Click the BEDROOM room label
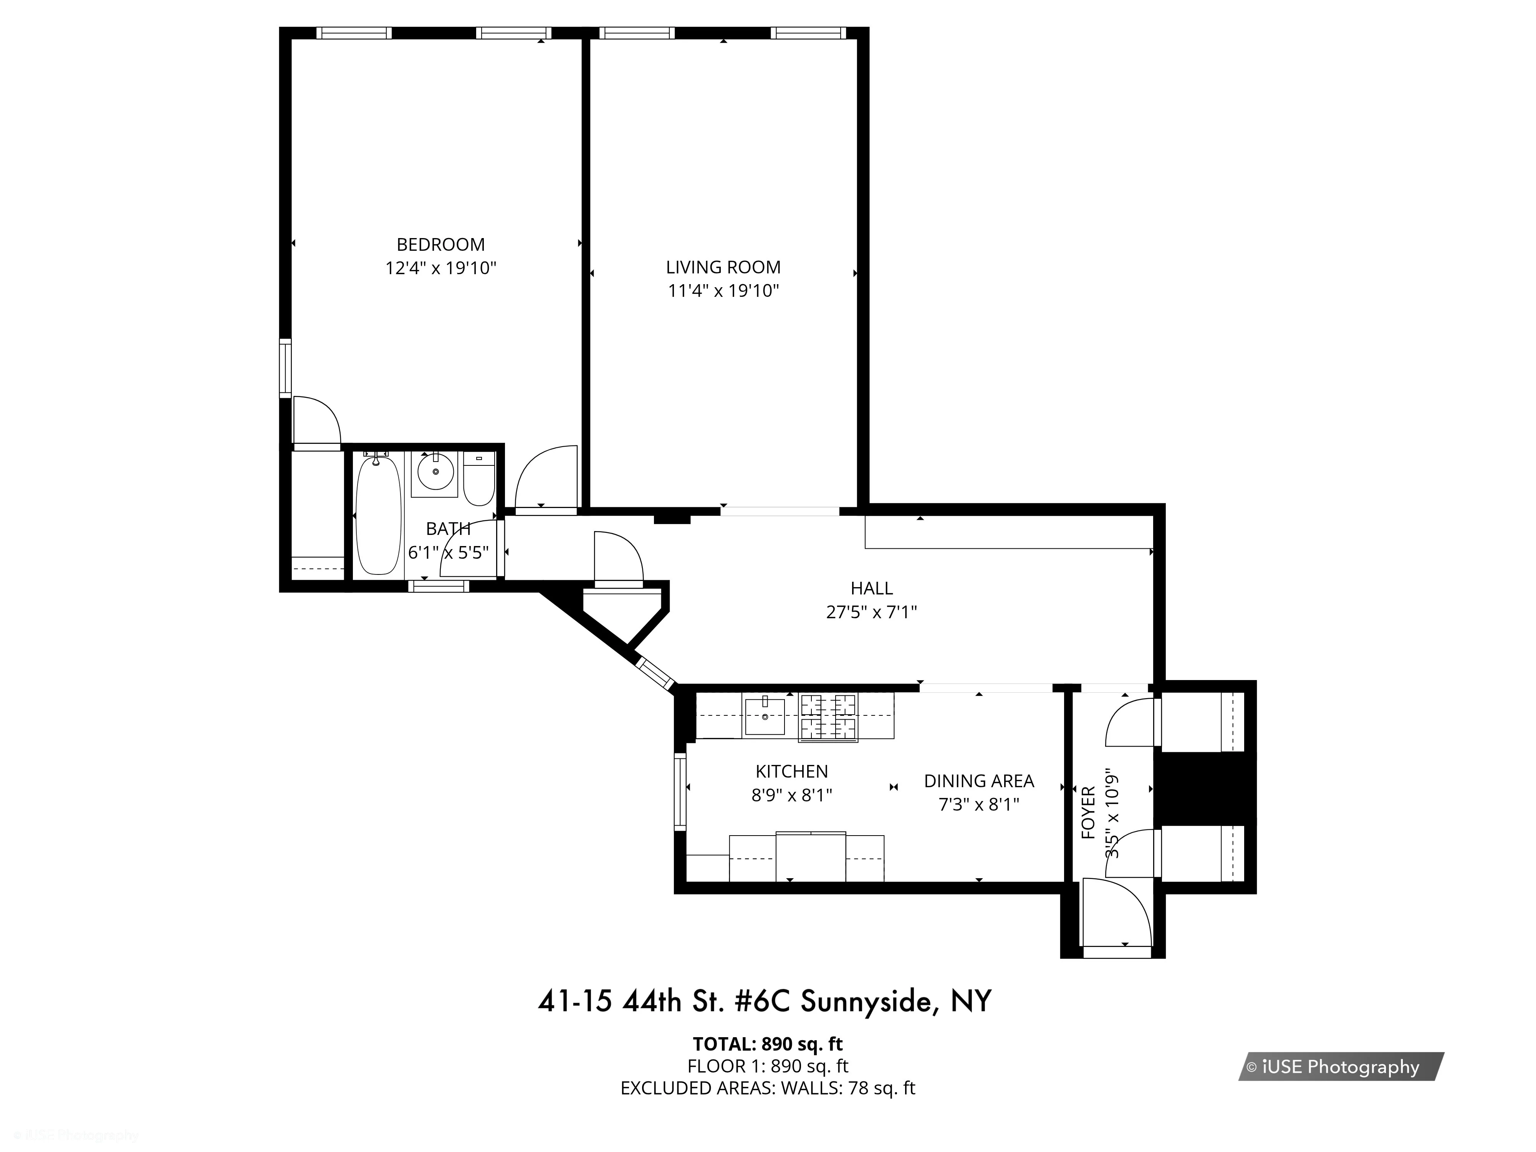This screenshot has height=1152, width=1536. click(x=440, y=245)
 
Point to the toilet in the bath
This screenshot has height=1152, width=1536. click(x=478, y=479)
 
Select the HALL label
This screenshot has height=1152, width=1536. click(x=871, y=588)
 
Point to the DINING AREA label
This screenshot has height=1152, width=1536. click(x=978, y=781)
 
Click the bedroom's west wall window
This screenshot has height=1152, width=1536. click(x=285, y=368)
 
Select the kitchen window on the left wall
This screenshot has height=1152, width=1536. click(x=680, y=791)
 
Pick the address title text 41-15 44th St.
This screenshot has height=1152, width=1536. click(x=764, y=1001)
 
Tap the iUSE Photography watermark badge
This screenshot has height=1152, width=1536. click(x=1340, y=1067)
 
